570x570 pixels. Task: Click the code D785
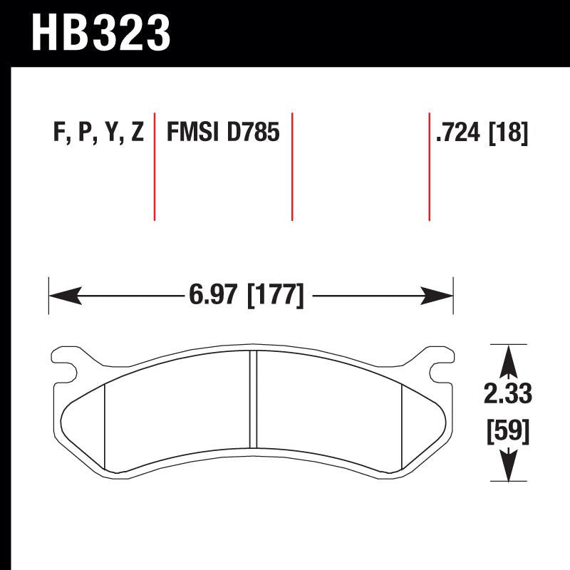(x=253, y=133)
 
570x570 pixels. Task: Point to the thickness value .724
(x=459, y=133)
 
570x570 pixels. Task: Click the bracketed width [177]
(x=275, y=294)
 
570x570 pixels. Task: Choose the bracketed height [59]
(x=507, y=430)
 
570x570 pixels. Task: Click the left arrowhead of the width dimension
(x=63, y=294)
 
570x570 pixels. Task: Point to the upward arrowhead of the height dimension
(x=507, y=360)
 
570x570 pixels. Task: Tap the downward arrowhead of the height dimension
(x=507, y=470)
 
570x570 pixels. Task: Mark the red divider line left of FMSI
(x=155, y=166)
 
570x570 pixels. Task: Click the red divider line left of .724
(x=429, y=166)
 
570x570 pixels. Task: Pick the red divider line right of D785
(x=292, y=166)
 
